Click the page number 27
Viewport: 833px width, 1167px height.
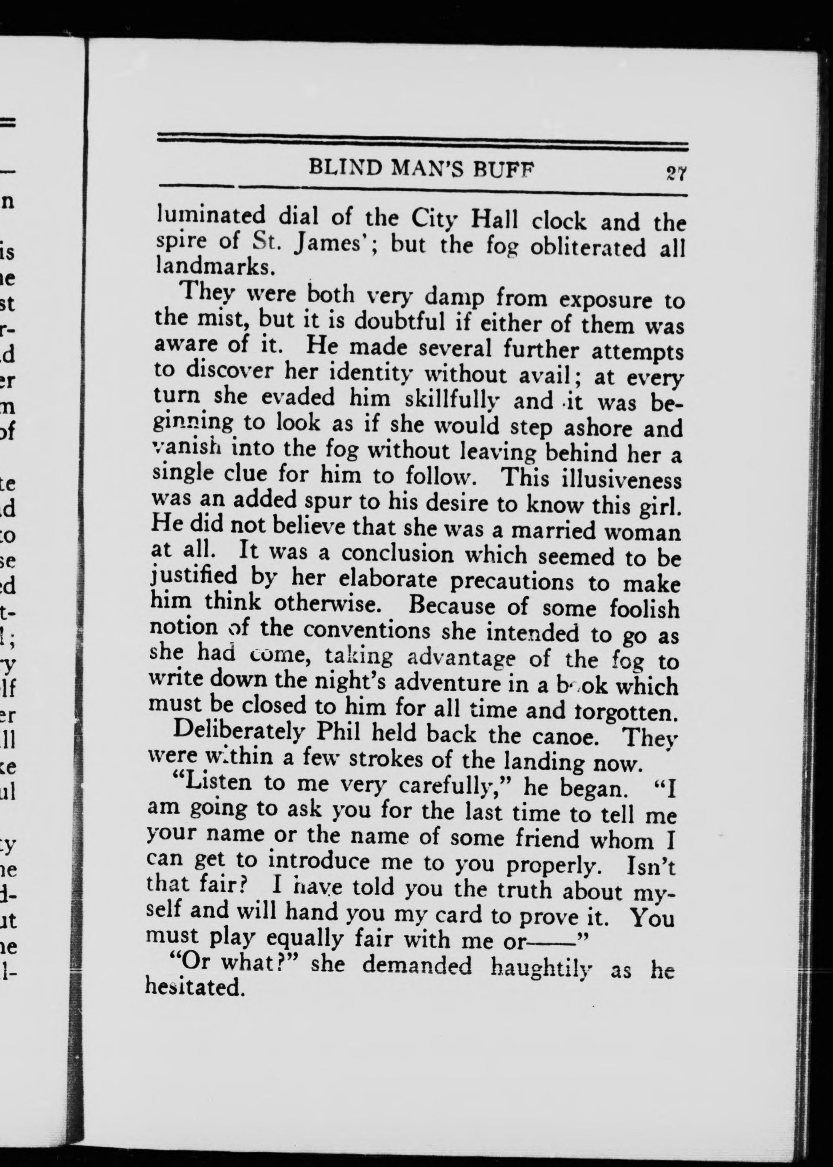(x=676, y=174)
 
